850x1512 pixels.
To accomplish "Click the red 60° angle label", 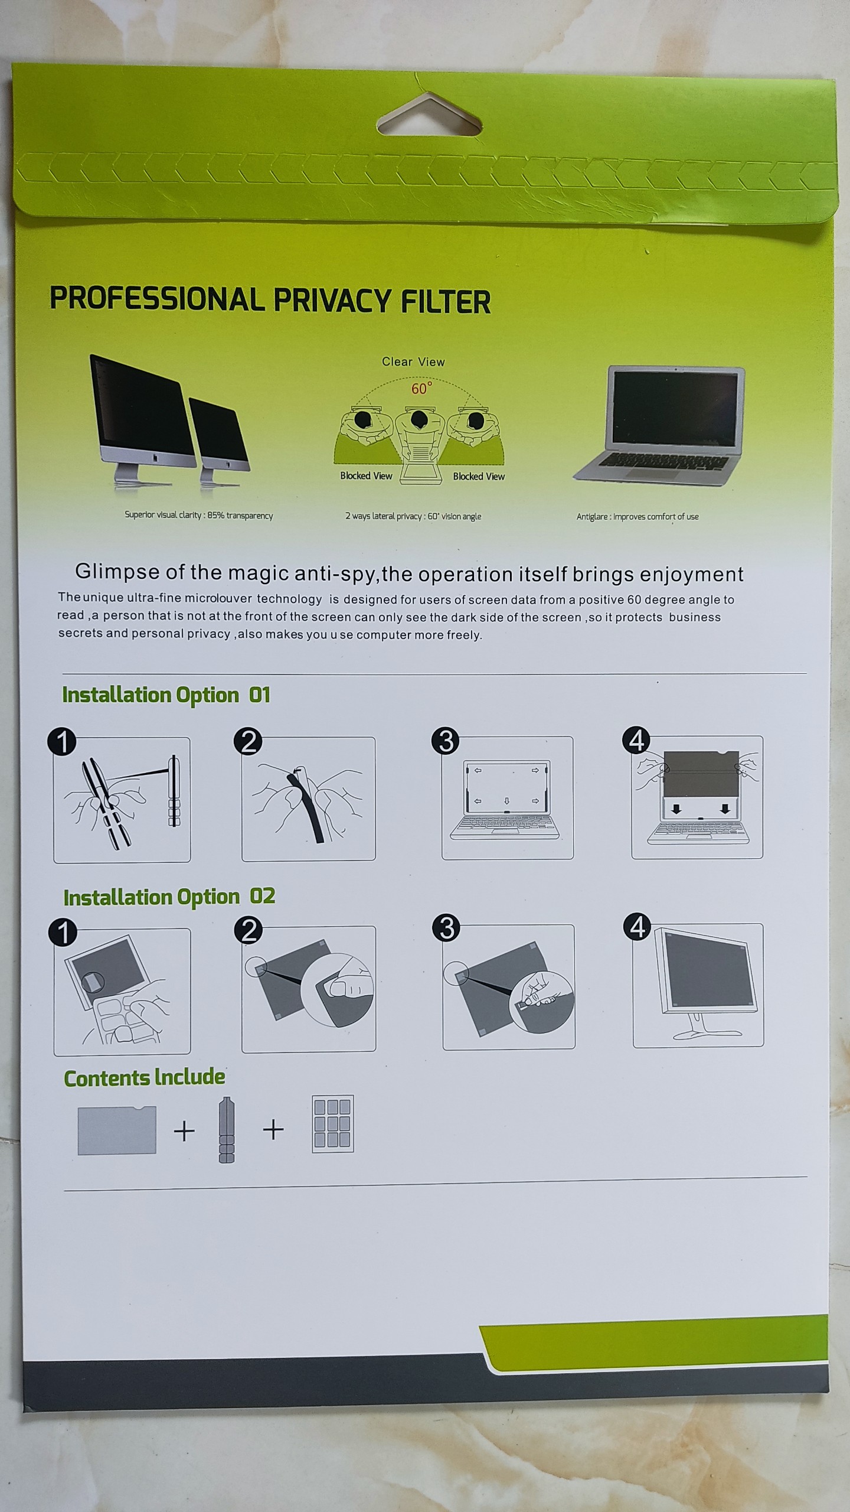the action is click(x=421, y=388).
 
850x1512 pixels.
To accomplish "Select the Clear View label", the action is click(x=413, y=362).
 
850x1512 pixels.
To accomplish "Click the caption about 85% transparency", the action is click(x=198, y=515).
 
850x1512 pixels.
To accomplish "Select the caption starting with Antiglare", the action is click(x=637, y=517).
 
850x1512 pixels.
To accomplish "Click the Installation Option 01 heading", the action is click(x=166, y=695).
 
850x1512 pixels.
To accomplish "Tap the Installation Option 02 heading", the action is click(x=169, y=897).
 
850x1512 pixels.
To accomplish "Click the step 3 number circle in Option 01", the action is click(x=446, y=741).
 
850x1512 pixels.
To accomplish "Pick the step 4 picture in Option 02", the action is click(x=698, y=986).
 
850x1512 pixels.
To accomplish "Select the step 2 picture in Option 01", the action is click(x=309, y=799).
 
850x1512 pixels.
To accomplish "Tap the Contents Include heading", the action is click(x=145, y=1078).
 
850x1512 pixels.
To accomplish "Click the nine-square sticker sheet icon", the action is click(x=332, y=1124).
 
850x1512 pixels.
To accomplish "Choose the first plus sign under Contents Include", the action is click(x=184, y=1131).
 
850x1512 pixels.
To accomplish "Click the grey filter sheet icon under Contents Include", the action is click(x=117, y=1130).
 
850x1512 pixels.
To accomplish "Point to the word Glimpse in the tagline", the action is click(x=117, y=572).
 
